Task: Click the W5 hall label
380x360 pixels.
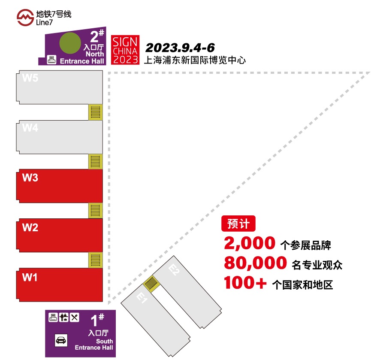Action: pyautogui.click(x=30, y=78)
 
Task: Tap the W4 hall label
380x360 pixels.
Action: pyautogui.click(x=30, y=127)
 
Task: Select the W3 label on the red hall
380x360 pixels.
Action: pyautogui.click(x=30, y=178)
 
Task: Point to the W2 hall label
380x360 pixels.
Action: pyautogui.click(x=30, y=227)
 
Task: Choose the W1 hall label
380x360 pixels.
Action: pyautogui.click(x=30, y=277)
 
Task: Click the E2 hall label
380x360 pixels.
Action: pyautogui.click(x=174, y=270)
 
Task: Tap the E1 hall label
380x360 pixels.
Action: pyautogui.click(x=142, y=297)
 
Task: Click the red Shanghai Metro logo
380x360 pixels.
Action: pyautogui.click(x=25, y=18)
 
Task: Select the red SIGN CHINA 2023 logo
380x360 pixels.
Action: pyautogui.click(x=125, y=50)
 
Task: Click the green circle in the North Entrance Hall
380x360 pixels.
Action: pyautogui.click(x=70, y=43)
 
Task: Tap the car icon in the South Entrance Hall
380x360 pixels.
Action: pyautogui.click(x=61, y=340)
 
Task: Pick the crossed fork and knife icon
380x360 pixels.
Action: pyautogui.click(x=74, y=318)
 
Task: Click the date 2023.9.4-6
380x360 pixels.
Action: pyautogui.click(x=180, y=48)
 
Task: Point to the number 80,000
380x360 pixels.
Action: pyautogui.click(x=256, y=263)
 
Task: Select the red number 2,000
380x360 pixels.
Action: pyautogui.click(x=250, y=243)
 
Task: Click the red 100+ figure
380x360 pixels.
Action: pyautogui.click(x=245, y=283)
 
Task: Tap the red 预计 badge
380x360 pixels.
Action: pyautogui.click(x=238, y=224)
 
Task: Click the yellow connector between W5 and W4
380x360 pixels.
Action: pyautogui.click(x=96, y=112)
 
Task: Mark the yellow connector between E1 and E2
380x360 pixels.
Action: pyautogui.click(x=151, y=284)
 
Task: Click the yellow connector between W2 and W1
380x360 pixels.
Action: pyautogui.click(x=96, y=260)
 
